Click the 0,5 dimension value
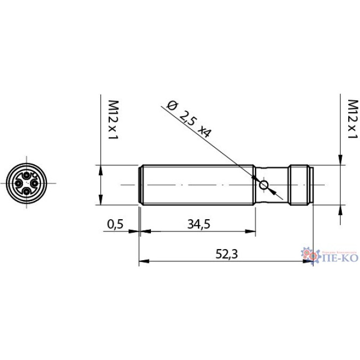click(115, 224)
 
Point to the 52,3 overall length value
click(227, 254)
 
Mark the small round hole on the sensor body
click(263, 185)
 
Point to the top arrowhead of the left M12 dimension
click(101, 169)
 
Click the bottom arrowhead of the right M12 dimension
click(340, 208)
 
